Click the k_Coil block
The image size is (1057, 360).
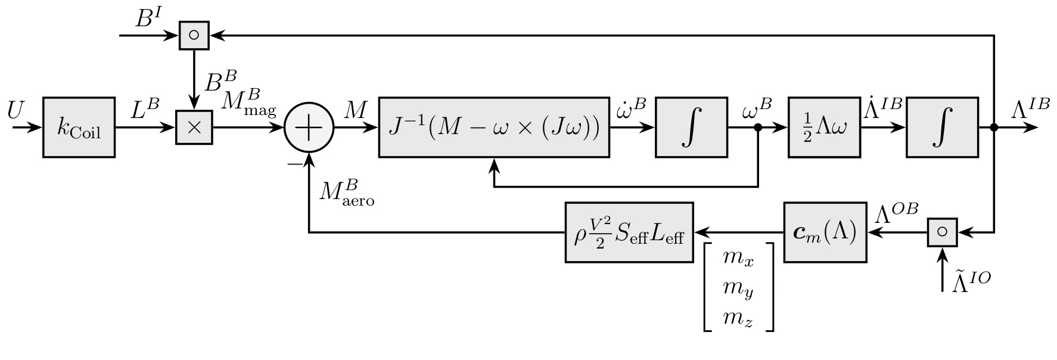(79, 128)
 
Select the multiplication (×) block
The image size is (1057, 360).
(194, 128)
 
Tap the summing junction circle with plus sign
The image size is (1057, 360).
(309, 128)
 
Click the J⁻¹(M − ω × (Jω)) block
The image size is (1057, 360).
(494, 128)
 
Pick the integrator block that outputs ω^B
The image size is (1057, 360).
(691, 128)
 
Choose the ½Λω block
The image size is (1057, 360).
(824, 128)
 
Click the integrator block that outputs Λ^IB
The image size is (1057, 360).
(942, 128)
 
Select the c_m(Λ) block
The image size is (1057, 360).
(825, 232)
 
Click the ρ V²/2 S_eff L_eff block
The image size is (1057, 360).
(629, 232)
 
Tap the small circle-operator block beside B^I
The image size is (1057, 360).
(194, 35)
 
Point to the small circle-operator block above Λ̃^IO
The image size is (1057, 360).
(942, 232)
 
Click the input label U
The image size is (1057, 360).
(16, 110)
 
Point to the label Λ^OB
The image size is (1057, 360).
(896, 212)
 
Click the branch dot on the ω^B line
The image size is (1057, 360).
(758, 128)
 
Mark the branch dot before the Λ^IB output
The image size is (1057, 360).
(994, 128)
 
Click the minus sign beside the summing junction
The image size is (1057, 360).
(293, 163)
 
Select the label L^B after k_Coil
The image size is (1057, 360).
(145, 110)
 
